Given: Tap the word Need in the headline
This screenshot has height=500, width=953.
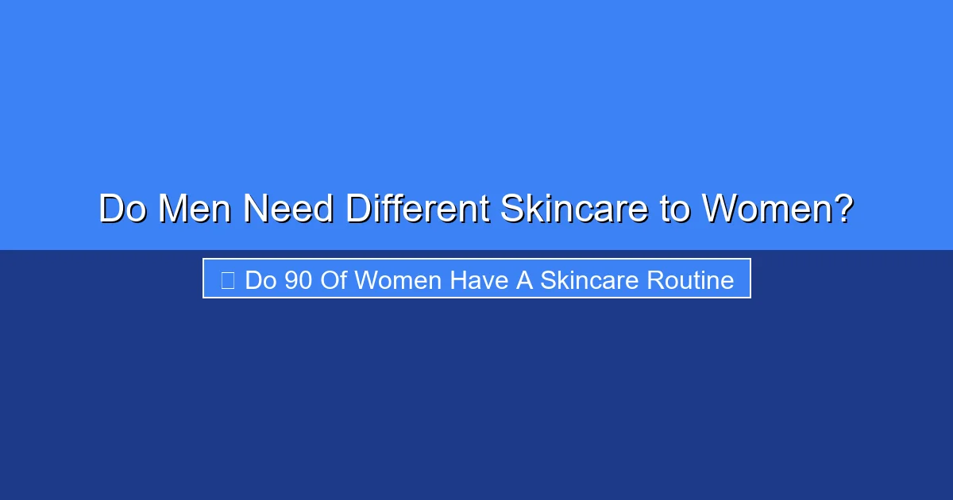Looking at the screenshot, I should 289,210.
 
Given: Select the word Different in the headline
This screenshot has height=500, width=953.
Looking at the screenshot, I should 417,210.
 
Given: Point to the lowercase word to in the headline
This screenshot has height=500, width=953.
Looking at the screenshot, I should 675,210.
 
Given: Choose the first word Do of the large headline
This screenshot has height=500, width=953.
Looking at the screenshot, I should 124,210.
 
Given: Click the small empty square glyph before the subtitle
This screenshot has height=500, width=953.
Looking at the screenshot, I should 228,280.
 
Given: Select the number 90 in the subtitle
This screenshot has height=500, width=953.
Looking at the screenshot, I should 299,280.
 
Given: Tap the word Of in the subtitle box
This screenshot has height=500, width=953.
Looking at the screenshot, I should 334,280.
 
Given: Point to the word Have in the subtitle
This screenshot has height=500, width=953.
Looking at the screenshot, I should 480,280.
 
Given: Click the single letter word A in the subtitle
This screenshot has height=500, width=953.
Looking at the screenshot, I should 524,280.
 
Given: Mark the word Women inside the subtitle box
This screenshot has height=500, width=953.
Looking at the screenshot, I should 399,280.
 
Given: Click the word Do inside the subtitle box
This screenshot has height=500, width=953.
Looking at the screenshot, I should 260,280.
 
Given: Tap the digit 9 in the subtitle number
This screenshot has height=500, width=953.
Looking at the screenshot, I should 291,280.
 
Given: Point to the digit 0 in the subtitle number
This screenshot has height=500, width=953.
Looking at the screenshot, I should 306,280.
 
